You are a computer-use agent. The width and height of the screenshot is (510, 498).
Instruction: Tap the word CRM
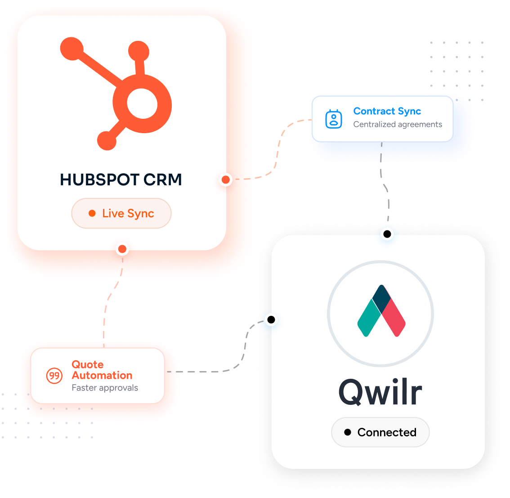point(162,179)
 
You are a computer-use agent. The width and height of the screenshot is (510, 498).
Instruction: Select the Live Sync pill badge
point(121,213)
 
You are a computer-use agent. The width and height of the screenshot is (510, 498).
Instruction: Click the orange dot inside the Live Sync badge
point(92,213)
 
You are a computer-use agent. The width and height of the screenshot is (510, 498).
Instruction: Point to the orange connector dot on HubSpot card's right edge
point(226,179)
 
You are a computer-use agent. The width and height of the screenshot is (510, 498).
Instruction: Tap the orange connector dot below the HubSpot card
point(122,249)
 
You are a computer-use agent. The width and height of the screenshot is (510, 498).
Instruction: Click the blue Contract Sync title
point(387,111)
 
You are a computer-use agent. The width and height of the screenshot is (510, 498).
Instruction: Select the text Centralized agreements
point(398,124)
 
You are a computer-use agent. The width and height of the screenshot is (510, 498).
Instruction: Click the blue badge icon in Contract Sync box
point(334,119)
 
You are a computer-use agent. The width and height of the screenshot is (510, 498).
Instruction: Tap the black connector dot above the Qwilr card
point(387,234)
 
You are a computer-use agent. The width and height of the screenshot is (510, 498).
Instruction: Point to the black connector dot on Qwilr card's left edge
point(271,320)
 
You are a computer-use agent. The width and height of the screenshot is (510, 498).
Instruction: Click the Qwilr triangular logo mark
point(381,311)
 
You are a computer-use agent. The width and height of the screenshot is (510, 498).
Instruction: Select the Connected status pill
point(380,432)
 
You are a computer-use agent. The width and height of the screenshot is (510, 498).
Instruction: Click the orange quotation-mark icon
point(54,376)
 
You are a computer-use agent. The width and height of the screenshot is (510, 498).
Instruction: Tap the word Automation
point(102,375)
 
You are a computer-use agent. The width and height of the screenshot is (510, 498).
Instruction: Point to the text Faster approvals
point(105,388)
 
